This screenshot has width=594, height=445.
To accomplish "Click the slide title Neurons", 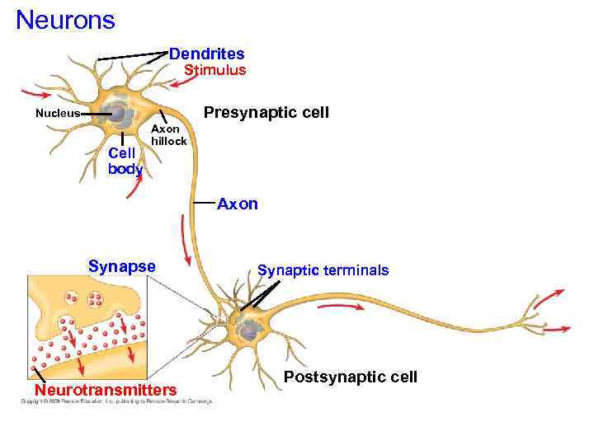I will coord(65,19).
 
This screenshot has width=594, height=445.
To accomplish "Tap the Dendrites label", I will coord(206,54).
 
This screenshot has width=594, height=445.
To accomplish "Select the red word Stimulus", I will coord(214,70).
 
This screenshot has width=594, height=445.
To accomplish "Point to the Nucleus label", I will coord(57,114).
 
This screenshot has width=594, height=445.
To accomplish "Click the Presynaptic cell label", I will coord(266,112).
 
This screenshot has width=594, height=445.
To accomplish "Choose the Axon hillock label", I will coord(169,135).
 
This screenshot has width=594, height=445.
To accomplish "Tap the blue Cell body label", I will coord(125,161).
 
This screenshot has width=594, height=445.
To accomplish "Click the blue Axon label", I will coord(237,204).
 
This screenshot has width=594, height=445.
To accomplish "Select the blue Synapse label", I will coord(121,266).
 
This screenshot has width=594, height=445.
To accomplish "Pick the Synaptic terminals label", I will coord(323,270).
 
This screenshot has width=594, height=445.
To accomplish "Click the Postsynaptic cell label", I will coord(350,377).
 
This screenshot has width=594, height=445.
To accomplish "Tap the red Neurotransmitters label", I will coord(105,389).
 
